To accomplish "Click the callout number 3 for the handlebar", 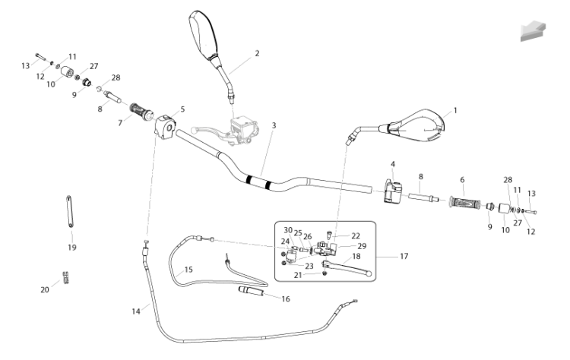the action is (x=274, y=125).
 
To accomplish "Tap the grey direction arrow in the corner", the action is (x=534, y=31).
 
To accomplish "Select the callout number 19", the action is (x=72, y=248).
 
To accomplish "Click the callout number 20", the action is (x=45, y=289).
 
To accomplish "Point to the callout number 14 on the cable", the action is (x=136, y=311).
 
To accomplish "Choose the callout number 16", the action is (x=286, y=298).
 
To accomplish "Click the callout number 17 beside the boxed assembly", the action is (x=404, y=256).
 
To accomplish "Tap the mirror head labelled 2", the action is (x=203, y=34).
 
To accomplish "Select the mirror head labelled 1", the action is (x=418, y=125).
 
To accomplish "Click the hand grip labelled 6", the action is (x=465, y=202).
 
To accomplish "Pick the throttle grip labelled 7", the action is (x=141, y=110).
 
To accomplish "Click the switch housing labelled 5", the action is (x=166, y=125).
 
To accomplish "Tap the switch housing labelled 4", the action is (x=393, y=191).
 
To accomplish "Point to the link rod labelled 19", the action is (x=69, y=211).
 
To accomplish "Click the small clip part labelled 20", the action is (x=66, y=277).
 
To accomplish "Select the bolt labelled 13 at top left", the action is (x=40, y=57).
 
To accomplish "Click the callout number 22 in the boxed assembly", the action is (x=356, y=235).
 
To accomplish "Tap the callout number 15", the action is (x=188, y=270).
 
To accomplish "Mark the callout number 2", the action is (x=257, y=53).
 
